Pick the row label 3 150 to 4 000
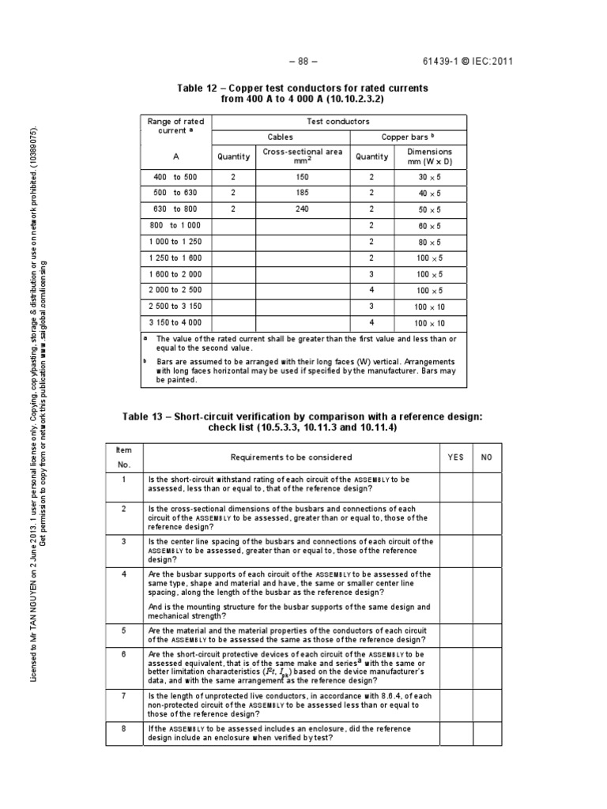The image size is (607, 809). pyautogui.click(x=175, y=322)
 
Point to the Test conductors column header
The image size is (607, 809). pyautogui.click(x=337, y=122)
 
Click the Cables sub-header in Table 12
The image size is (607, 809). pyautogui.click(x=281, y=137)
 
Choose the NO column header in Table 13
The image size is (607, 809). pyautogui.click(x=486, y=457)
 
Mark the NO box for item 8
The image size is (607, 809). pyautogui.click(x=486, y=733)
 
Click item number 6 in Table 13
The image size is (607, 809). pyautogui.click(x=124, y=654)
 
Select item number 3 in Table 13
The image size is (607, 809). pyautogui.click(x=124, y=541)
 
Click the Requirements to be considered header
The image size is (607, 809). pyautogui.click(x=291, y=457)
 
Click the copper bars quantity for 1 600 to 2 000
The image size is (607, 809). pyautogui.click(x=371, y=274)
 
